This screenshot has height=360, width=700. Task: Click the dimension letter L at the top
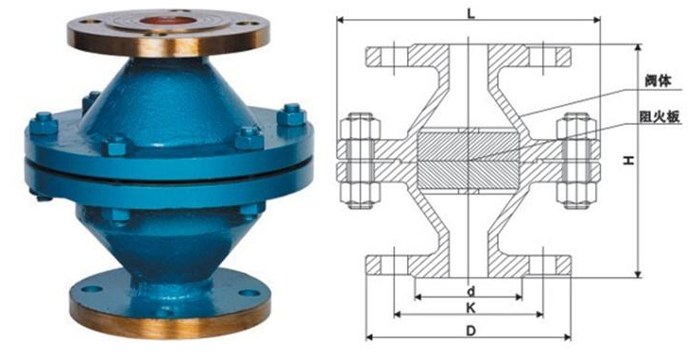[471, 13]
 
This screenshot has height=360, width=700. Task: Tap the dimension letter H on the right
[629, 160]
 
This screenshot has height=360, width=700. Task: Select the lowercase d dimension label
[471, 292]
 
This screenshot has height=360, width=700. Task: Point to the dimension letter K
[470, 308]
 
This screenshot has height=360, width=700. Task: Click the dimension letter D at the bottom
[471, 331]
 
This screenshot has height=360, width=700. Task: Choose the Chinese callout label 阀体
[658, 81]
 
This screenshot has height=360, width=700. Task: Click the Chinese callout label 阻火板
[659, 116]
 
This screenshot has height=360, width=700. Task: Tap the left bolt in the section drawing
[360, 161]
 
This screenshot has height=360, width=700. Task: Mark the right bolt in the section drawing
[577, 161]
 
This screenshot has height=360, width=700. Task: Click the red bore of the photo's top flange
[159, 21]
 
